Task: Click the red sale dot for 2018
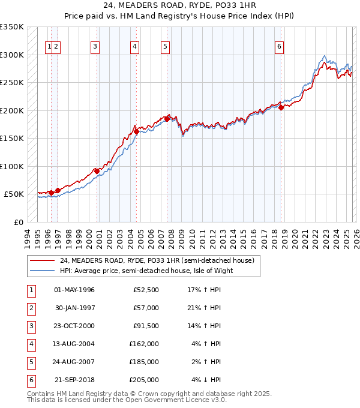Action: [x=281, y=108]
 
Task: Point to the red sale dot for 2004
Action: [x=136, y=131]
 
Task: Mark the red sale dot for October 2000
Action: [x=97, y=171]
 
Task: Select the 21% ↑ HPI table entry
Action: [x=205, y=308]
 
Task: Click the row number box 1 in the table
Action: [x=29, y=290]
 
